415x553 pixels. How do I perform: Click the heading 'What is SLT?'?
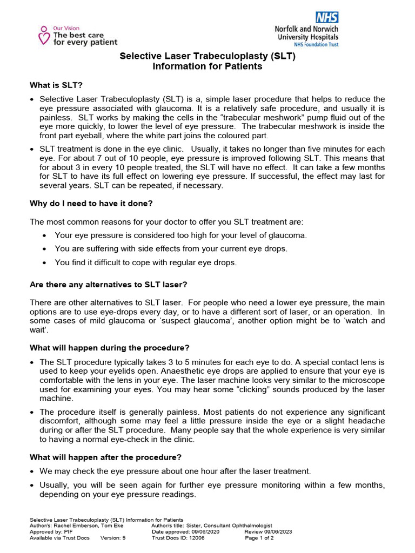click(56, 85)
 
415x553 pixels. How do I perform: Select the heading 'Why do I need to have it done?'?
click(91, 204)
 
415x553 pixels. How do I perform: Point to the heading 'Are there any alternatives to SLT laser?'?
click(109, 284)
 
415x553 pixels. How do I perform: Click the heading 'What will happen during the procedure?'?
click(110, 347)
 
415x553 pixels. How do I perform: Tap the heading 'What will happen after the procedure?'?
click(105, 457)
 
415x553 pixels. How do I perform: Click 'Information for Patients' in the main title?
click(207, 66)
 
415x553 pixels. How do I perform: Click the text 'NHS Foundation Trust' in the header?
click(312, 45)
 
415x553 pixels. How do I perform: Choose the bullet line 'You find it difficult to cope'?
click(145, 263)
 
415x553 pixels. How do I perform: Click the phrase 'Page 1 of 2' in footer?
click(260, 538)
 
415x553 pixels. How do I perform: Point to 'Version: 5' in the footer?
click(113, 538)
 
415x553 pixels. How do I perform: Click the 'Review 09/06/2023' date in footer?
click(268, 531)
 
